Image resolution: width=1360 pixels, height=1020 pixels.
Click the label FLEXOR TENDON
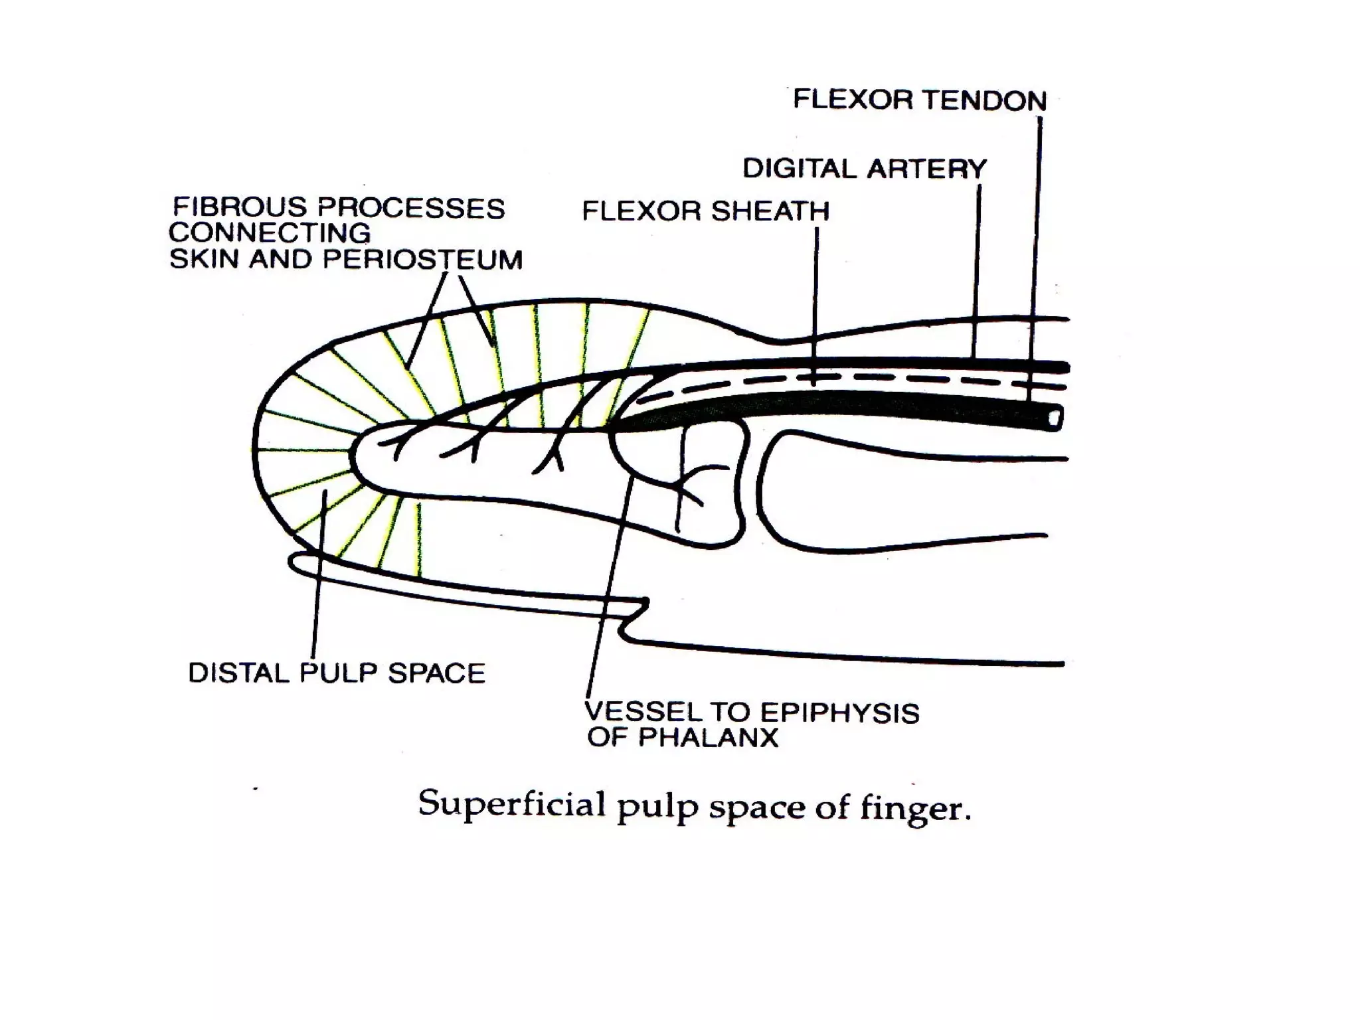click(920, 100)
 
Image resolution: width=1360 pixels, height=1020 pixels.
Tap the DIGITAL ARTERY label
click(864, 169)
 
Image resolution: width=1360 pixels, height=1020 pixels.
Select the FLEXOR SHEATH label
click(705, 211)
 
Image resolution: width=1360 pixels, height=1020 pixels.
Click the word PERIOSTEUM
click(422, 260)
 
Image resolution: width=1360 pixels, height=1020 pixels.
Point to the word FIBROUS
click(238, 207)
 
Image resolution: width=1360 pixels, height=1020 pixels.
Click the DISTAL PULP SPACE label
click(337, 673)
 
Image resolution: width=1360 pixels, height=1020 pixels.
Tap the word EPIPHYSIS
click(839, 713)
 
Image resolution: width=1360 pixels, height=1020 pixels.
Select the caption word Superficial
click(511, 805)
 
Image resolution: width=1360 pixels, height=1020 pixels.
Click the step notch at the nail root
click(634, 618)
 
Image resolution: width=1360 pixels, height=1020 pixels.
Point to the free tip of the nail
click(294, 562)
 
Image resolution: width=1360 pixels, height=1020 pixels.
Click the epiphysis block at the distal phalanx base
click(714, 485)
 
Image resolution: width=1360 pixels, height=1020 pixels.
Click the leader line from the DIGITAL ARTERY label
click(977, 266)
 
